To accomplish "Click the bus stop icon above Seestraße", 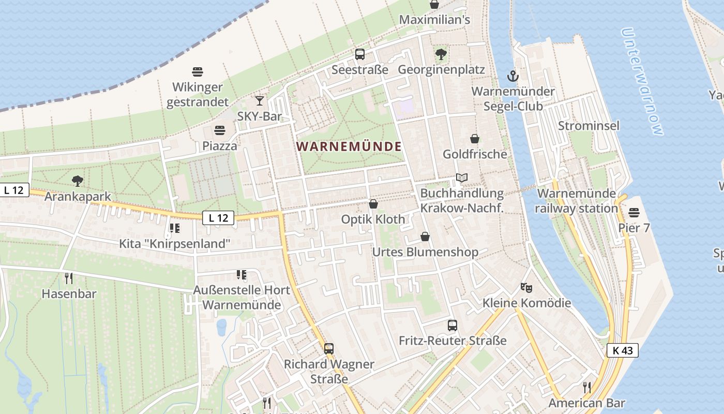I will click(359, 54).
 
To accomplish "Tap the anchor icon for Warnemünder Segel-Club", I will click(512, 77).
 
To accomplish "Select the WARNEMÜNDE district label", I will click(350, 146).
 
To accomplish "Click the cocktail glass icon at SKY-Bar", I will click(260, 101).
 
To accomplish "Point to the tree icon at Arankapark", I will click(78, 181).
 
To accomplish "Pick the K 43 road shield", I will click(622, 350).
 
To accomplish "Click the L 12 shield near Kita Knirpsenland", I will click(219, 218).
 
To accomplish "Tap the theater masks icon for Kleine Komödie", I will click(526, 287).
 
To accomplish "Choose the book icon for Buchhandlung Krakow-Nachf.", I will click(462, 178).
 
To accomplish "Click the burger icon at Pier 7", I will click(634, 213).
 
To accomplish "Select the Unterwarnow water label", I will click(642, 82).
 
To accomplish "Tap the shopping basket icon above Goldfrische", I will click(475, 139).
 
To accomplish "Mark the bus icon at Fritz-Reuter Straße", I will click(452, 326).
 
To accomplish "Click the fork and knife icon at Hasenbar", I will click(69, 278).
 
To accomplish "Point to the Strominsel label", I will click(589, 126).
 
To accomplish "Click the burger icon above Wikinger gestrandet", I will click(198, 71).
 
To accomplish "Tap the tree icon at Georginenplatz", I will click(441, 54).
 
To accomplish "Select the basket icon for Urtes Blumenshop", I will click(425, 236).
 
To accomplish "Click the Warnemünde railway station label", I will click(577, 201).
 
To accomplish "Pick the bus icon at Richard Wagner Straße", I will click(329, 349).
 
